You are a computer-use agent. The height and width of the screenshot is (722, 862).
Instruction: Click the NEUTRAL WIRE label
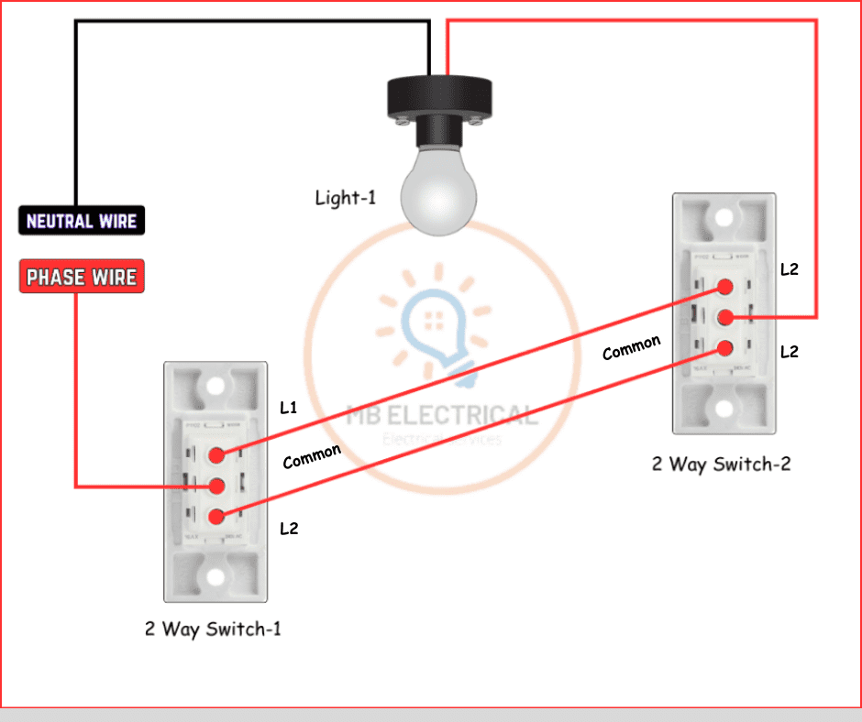[x=82, y=221]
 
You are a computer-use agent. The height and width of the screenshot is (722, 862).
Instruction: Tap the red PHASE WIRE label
[x=82, y=277]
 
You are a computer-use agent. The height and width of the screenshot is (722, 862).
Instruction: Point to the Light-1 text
[x=345, y=197]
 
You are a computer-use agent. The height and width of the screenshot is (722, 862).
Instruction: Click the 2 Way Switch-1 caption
[x=212, y=629]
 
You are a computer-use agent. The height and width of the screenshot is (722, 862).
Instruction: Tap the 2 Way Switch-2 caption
[x=721, y=464]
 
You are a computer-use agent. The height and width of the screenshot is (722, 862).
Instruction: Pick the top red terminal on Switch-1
[x=217, y=454]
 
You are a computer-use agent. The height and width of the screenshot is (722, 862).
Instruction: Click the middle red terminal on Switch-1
[x=217, y=485]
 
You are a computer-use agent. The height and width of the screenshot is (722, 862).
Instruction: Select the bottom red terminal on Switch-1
[x=217, y=516]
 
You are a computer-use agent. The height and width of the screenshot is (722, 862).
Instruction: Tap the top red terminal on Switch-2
[x=725, y=287]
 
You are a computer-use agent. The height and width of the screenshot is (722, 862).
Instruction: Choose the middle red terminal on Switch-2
[x=725, y=318]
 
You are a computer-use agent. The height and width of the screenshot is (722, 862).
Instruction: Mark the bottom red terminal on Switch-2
[x=725, y=348]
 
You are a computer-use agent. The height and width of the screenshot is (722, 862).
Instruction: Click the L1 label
[x=289, y=408]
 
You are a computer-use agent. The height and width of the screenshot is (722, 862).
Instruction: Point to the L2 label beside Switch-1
[x=289, y=529]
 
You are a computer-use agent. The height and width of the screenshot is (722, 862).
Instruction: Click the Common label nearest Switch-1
[x=312, y=455]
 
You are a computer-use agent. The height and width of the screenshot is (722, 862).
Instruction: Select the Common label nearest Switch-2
[x=631, y=348]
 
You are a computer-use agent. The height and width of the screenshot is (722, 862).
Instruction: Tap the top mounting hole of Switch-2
[x=724, y=218]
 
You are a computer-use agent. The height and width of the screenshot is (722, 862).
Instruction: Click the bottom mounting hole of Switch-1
[x=215, y=577]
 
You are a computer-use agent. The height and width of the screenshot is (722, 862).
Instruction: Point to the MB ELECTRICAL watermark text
[x=441, y=416]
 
